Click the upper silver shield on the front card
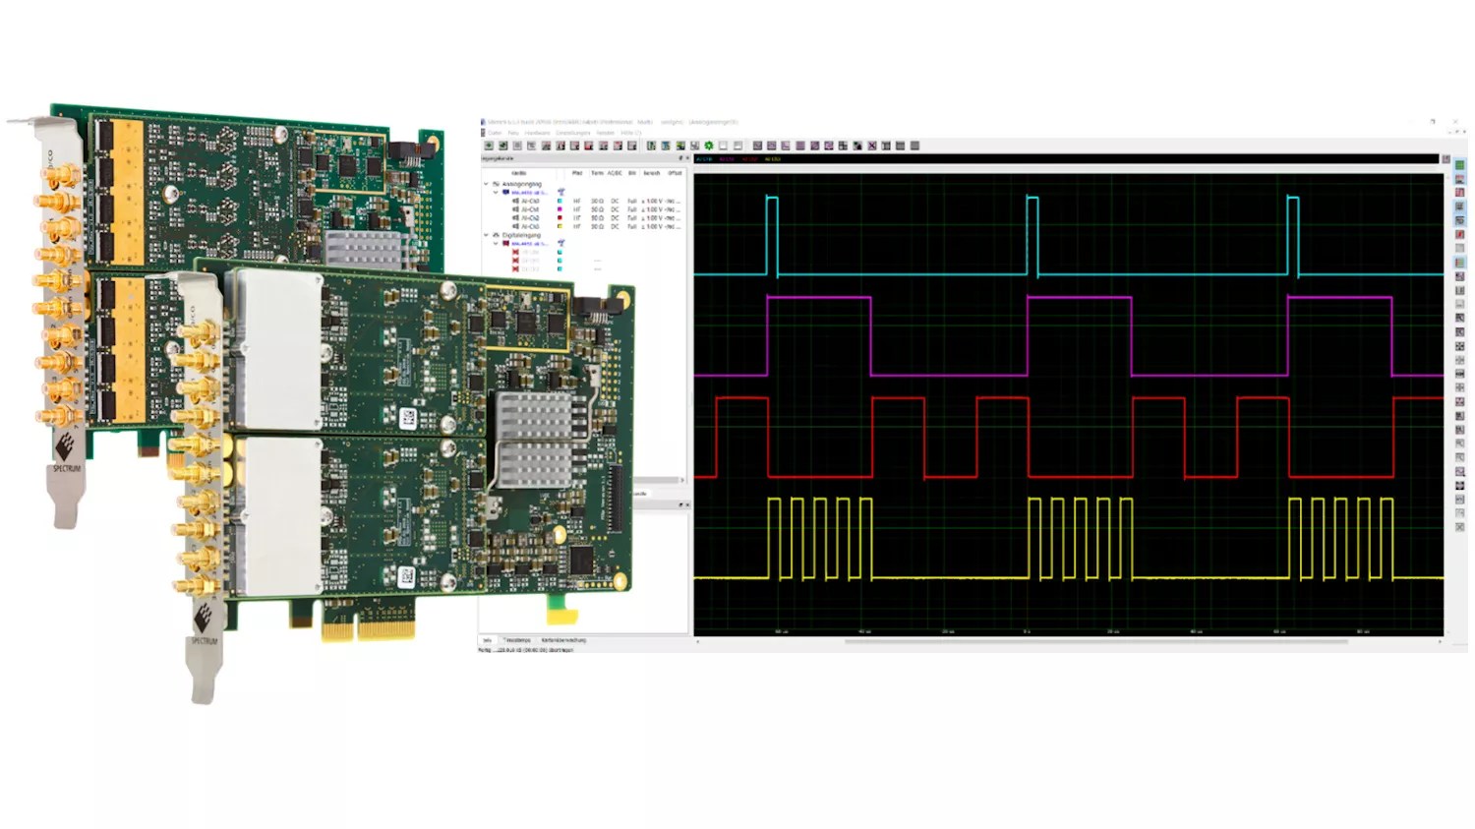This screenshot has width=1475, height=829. click(275, 349)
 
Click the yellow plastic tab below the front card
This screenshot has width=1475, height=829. click(561, 616)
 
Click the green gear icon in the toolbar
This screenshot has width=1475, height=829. click(708, 146)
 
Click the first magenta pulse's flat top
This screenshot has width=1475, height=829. click(818, 297)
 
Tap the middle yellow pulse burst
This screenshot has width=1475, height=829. click(1080, 536)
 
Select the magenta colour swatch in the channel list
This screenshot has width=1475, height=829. click(560, 209)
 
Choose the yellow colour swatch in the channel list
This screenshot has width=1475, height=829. click(560, 226)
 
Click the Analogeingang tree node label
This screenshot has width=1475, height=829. click(522, 184)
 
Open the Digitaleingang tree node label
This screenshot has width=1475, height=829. click(522, 235)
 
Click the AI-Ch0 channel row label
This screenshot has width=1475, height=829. click(530, 201)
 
